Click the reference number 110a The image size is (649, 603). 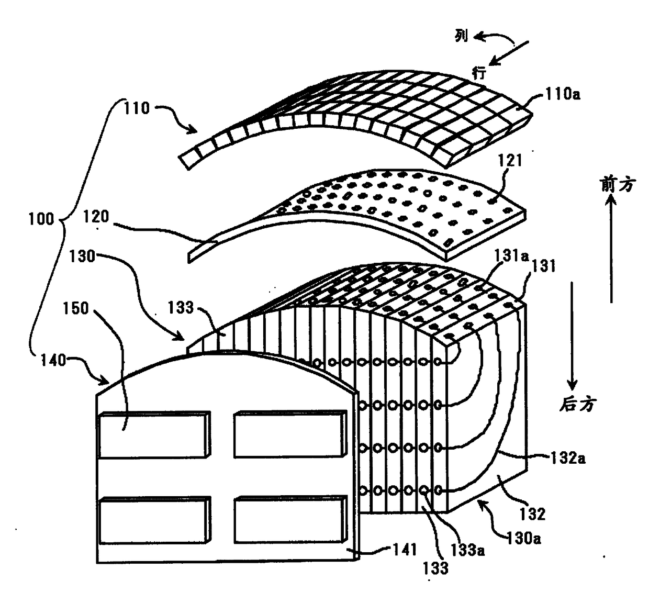point(562,95)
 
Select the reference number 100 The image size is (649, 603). point(41,218)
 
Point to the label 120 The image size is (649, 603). point(96,216)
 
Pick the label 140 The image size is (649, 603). point(53,360)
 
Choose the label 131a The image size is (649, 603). point(511,255)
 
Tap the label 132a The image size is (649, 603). point(567,459)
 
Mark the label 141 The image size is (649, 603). point(404,549)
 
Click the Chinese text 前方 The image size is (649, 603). point(618,184)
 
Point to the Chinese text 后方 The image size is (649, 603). point(577,404)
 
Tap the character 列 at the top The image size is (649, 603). point(461,36)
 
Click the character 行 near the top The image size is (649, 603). point(479,72)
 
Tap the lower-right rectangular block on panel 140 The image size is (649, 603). point(289,520)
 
